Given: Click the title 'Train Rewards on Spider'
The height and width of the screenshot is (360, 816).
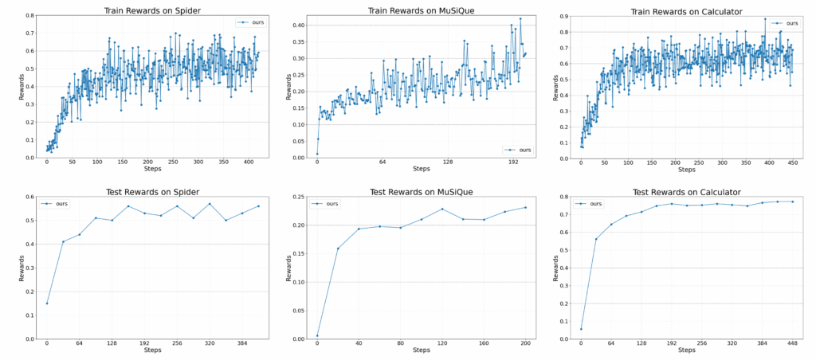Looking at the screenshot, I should click(x=152, y=10).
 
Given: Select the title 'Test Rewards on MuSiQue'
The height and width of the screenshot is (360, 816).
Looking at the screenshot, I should click(x=422, y=192).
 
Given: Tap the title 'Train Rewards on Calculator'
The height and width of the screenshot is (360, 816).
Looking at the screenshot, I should click(x=687, y=10).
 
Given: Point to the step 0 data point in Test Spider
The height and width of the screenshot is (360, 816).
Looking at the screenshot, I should click(x=47, y=303).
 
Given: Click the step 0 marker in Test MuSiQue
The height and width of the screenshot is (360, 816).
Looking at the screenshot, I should click(x=317, y=335).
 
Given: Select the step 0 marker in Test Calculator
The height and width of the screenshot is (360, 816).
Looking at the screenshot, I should click(x=581, y=329).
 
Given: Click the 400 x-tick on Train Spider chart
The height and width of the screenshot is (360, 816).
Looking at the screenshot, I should click(x=248, y=162).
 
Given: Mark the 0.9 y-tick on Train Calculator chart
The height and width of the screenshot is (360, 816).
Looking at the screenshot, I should click(x=564, y=16).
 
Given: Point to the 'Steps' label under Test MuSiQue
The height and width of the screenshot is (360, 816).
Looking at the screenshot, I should click(x=422, y=350).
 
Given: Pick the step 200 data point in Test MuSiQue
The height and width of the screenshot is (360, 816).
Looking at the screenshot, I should click(x=525, y=208).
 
